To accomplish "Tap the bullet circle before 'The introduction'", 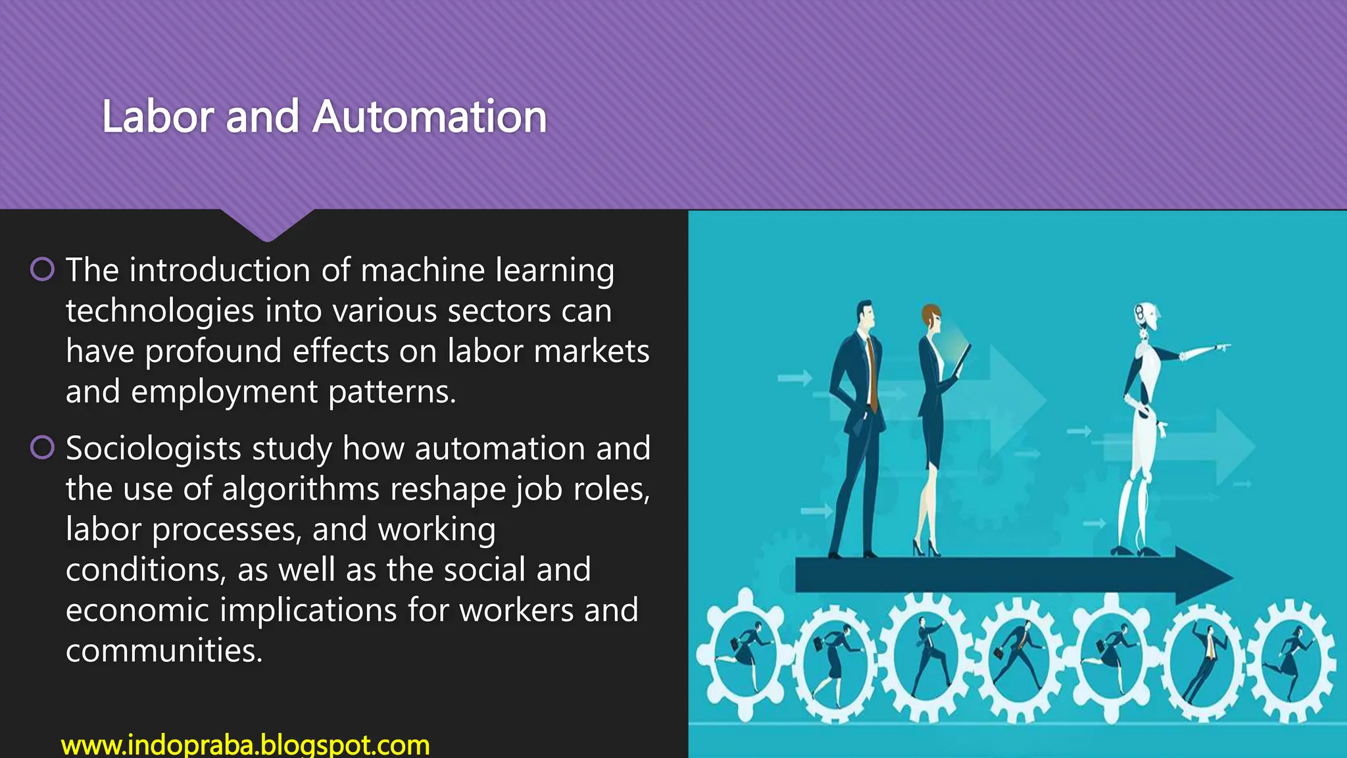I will (x=43, y=269).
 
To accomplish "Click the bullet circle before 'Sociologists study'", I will (x=43, y=447).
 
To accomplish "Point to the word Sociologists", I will (x=153, y=449).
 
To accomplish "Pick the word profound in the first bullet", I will (x=213, y=351).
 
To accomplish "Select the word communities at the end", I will (x=164, y=651).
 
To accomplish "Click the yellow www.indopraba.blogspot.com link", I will (x=245, y=745).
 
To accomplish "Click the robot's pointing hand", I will (x=1222, y=347).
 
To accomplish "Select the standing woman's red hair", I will (x=930, y=314).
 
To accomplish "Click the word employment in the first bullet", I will (x=224, y=392).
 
